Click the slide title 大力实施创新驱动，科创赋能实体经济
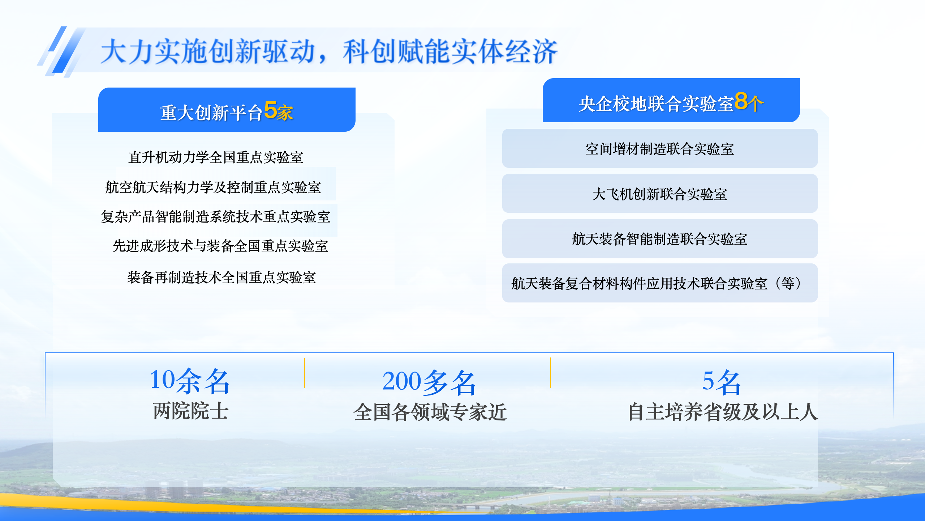[x=329, y=52]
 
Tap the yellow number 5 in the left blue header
[x=270, y=110]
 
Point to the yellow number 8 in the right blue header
[x=741, y=101]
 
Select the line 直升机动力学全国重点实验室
[x=216, y=157]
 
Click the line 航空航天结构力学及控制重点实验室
[x=213, y=187]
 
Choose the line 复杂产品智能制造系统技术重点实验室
[x=216, y=217]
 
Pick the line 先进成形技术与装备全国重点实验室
[x=220, y=246]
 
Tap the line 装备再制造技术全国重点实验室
[x=221, y=278]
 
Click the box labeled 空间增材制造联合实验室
[x=660, y=148]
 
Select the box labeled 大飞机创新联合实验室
[x=660, y=193]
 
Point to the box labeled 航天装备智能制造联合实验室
[x=660, y=239]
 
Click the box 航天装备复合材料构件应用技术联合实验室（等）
[x=660, y=283]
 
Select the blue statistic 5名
[x=722, y=382]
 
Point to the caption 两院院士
[x=190, y=411]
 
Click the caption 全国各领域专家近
[x=430, y=412]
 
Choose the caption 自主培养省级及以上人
[x=723, y=412]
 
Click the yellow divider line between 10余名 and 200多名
[x=305, y=373]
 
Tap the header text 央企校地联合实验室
[x=656, y=104]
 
